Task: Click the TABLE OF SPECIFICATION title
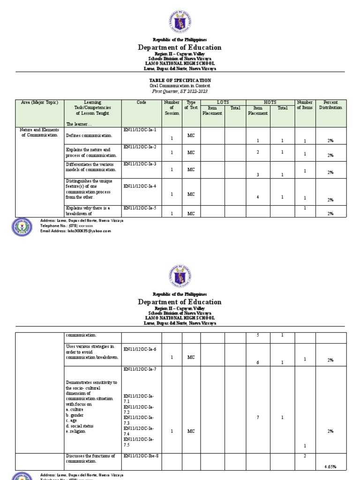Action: click(180, 80)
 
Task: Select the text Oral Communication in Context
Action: click(180, 86)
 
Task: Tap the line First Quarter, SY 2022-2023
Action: click(180, 91)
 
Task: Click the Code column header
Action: click(142, 102)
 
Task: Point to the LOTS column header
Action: click(223, 102)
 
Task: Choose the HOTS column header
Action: click(270, 102)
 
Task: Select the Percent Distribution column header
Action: click(330, 105)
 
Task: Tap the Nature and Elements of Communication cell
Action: click(39, 132)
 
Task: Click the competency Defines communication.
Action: click(89, 135)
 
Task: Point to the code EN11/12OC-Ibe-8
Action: click(141, 456)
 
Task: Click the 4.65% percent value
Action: click(330, 467)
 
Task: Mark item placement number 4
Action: click(258, 197)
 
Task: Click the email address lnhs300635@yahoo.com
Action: click(75, 231)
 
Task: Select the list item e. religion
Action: click(76, 431)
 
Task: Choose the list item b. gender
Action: click(75, 415)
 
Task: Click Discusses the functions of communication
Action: click(90, 458)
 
